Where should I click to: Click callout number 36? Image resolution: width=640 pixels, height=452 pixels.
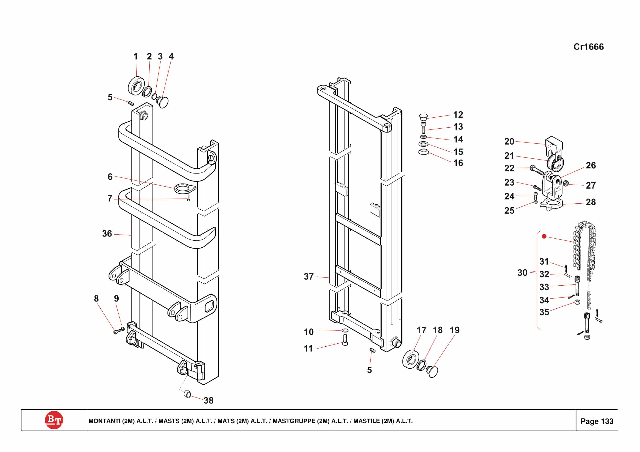[107, 234]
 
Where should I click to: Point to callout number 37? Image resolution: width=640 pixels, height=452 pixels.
[309, 277]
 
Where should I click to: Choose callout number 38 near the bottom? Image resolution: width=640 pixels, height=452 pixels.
[208, 401]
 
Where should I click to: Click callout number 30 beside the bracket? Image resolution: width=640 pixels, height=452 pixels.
[522, 273]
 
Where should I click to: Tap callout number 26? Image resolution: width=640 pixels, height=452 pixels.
[591, 165]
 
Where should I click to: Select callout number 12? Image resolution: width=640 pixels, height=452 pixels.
[458, 115]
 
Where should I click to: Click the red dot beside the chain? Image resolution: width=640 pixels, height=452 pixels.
[544, 236]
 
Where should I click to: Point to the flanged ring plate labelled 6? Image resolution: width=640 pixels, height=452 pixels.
[185, 188]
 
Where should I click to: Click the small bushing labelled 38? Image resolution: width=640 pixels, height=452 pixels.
[188, 394]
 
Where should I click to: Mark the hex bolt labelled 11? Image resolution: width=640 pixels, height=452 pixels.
[345, 340]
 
